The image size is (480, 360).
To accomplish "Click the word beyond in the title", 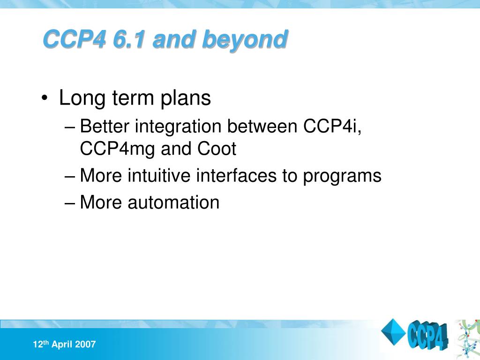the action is tap(245, 40).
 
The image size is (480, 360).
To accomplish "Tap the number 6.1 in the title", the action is tap(128, 39).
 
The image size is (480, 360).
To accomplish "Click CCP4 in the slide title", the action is tap(75, 39).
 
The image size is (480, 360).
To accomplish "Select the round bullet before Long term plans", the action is tap(45, 98).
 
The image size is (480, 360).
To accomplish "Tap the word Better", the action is tap(105, 126).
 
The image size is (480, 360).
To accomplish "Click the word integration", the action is tap(178, 127).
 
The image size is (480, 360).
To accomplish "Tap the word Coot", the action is tap(217, 149).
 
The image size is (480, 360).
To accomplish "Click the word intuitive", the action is tap(159, 175).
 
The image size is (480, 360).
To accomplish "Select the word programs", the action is tap(342, 177).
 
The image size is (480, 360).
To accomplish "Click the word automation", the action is tap(173, 202).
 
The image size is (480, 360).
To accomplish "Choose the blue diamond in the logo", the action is tap(393, 332).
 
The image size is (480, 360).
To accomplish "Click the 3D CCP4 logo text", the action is tap(427, 335).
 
